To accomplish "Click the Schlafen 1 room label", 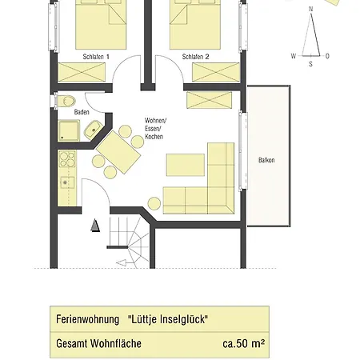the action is (x=96, y=57).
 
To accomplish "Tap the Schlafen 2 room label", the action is (x=195, y=57).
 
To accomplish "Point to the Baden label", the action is (x=82, y=112).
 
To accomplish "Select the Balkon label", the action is (x=266, y=160).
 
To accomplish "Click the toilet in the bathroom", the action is (x=66, y=102).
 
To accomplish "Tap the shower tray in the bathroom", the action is (x=69, y=130).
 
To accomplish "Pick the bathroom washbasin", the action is (x=93, y=130).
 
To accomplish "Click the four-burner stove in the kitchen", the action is (x=67, y=158).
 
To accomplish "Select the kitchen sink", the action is (x=67, y=182).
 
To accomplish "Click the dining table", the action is (x=118, y=152).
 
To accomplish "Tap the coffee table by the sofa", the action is (x=186, y=165).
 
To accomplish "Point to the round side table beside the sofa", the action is (x=154, y=203).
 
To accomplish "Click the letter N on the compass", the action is (x=310, y=9).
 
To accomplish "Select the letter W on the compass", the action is (x=294, y=56).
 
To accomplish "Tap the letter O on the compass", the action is (x=327, y=56).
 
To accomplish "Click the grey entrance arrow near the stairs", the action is (x=95, y=226).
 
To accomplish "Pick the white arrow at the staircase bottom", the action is (x=122, y=263).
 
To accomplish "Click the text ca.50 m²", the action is (x=244, y=343).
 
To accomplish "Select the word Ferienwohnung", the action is (x=87, y=319).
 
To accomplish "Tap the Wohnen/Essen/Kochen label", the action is (x=155, y=129).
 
